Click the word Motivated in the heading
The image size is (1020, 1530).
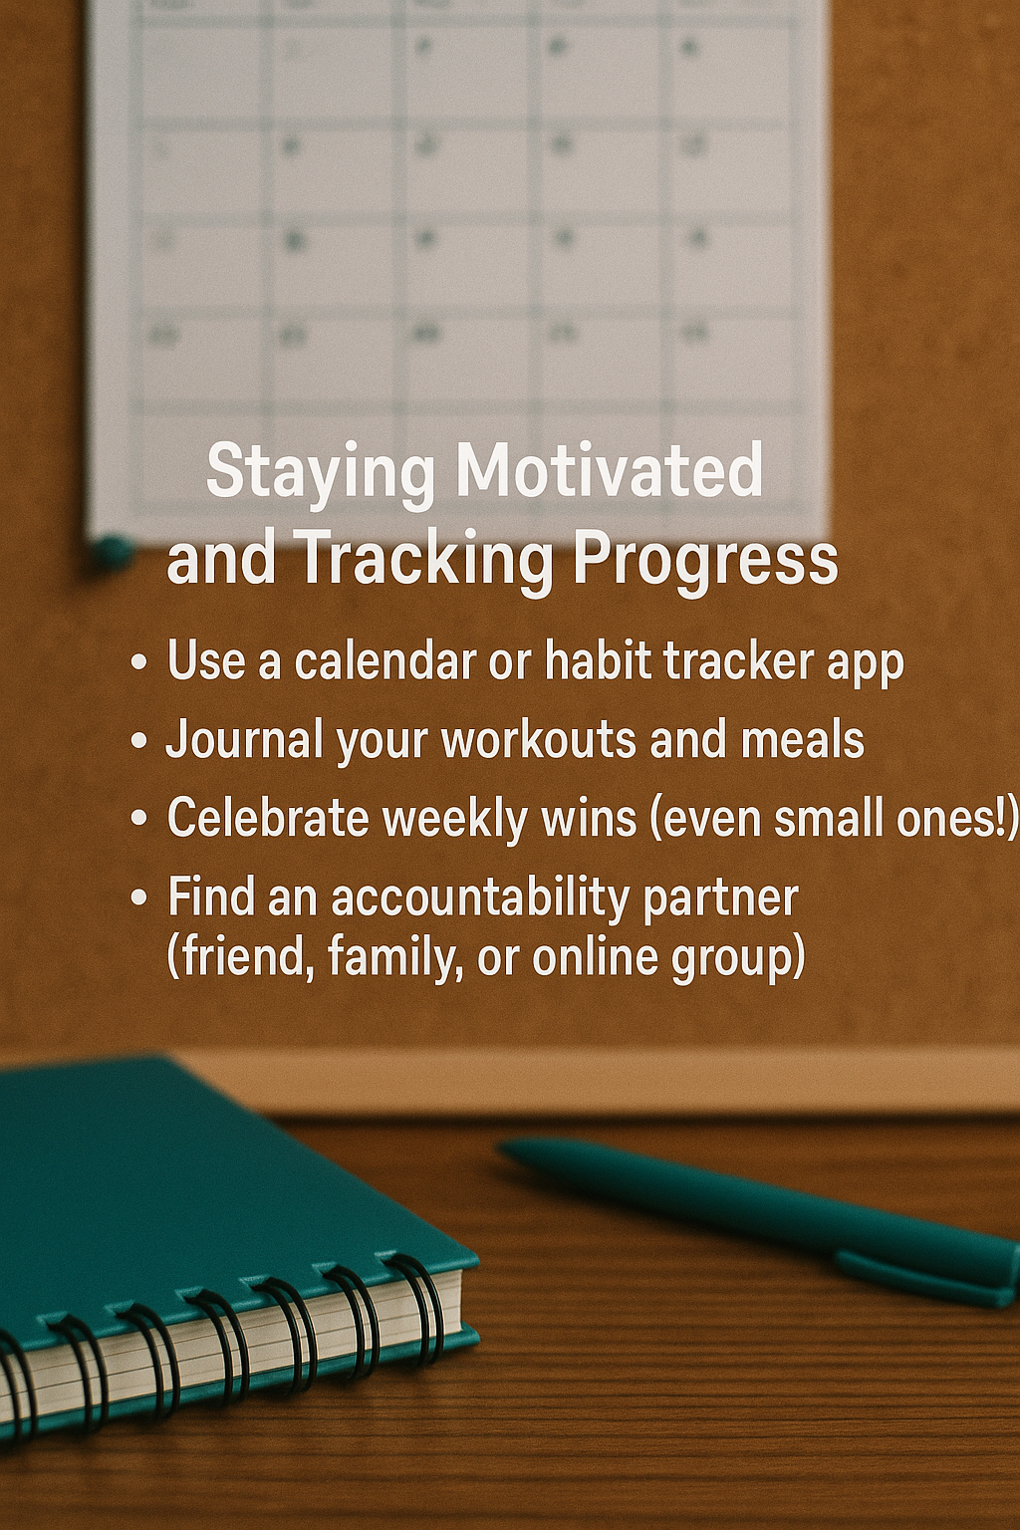pyautogui.click(x=610, y=470)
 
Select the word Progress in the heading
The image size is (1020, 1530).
pyautogui.click(x=705, y=560)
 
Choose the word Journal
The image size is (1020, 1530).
pyautogui.click(x=245, y=739)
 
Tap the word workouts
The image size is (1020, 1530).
pyautogui.click(x=538, y=740)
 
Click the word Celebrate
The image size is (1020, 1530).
pyautogui.click(x=268, y=818)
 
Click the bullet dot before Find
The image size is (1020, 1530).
pyautogui.click(x=138, y=897)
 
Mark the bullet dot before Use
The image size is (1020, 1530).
pyautogui.click(x=138, y=661)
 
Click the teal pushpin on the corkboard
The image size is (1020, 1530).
pyautogui.click(x=112, y=552)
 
